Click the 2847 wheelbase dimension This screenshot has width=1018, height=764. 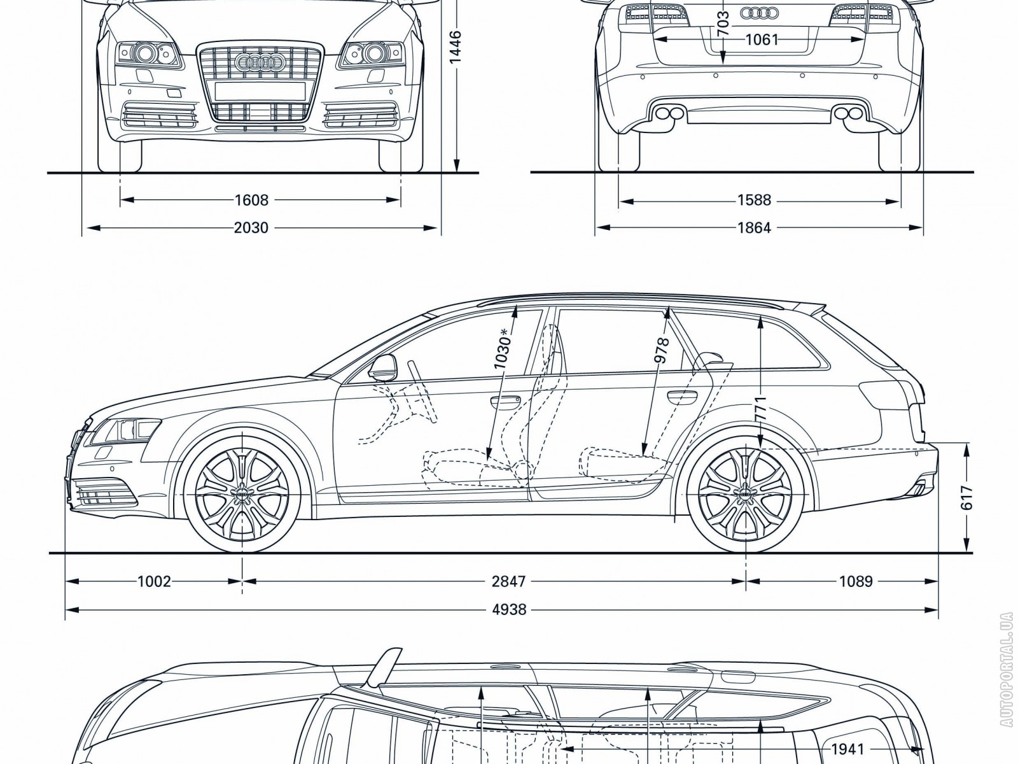tap(509, 581)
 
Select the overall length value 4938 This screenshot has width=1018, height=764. tap(509, 610)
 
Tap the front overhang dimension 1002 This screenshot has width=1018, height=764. tap(154, 581)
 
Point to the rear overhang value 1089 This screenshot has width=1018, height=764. tap(855, 581)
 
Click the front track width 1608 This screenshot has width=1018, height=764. tap(251, 201)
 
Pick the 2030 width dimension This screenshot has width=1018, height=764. tap(251, 227)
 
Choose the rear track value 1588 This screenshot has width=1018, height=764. tap(754, 201)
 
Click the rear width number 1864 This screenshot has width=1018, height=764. tap(754, 227)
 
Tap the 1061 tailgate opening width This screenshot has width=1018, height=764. tap(762, 39)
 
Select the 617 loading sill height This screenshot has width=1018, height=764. tap(967, 498)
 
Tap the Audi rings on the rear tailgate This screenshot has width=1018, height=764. tap(760, 12)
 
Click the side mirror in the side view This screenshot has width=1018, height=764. tap(382, 368)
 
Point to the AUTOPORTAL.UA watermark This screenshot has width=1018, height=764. tap(1005, 688)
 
